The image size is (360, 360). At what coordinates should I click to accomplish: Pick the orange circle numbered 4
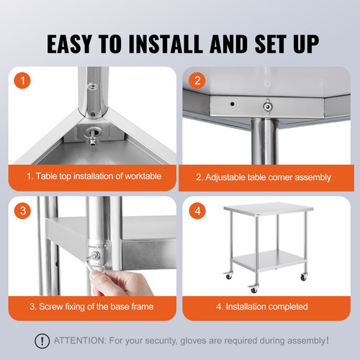tap(197, 212)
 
